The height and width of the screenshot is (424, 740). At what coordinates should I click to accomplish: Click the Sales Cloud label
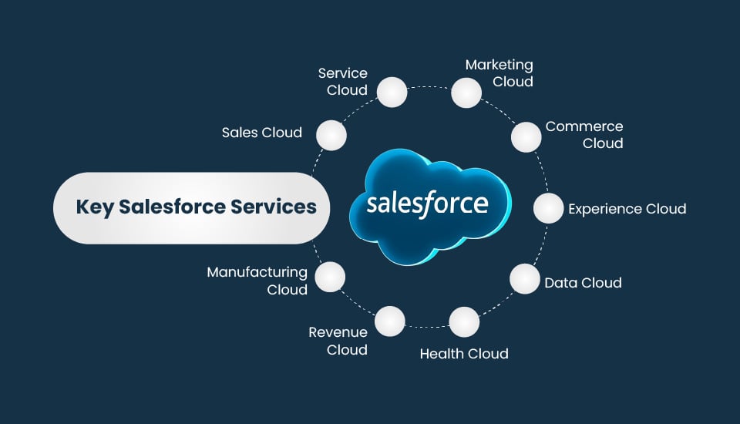[261, 133]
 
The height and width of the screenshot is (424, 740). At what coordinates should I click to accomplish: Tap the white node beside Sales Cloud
[331, 135]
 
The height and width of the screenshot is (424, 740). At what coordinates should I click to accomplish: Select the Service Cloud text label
[343, 82]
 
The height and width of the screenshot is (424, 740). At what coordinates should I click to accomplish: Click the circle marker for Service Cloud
[392, 92]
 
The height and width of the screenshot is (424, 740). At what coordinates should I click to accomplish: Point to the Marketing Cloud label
[499, 73]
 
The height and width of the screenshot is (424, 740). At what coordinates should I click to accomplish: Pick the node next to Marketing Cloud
[466, 92]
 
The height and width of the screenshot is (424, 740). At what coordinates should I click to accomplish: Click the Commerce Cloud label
[584, 135]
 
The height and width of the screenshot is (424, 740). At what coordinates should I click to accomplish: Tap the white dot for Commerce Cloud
[526, 136]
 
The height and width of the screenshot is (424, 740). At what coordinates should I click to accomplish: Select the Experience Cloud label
[627, 209]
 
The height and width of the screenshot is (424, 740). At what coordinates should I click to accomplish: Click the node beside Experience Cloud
[548, 208]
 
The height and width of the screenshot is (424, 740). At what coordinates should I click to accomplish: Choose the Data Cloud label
[583, 283]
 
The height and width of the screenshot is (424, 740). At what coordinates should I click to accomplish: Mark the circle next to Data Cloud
[524, 278]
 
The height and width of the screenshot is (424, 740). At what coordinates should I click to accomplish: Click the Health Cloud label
[464, 354]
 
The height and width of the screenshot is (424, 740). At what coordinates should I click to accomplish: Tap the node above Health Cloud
[464, 321]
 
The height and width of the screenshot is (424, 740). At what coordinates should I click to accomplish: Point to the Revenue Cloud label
[338, 341]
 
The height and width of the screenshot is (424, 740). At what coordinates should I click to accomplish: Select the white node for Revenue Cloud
[390, 321]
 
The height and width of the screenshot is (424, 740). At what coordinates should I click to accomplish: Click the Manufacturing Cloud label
[257, 281]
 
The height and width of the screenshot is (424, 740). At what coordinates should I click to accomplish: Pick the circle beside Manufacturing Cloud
[330, 276]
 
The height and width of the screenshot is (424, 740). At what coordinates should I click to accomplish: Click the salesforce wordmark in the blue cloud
[427, 204]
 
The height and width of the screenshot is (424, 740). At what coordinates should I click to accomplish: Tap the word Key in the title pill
[93, 207]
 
